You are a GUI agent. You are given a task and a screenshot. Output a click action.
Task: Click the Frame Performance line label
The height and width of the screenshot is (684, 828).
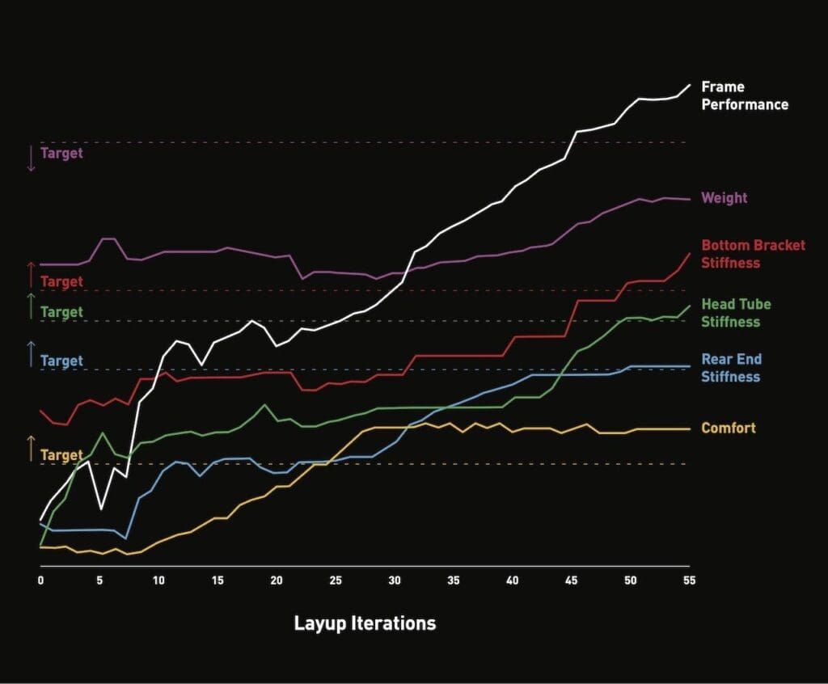click(x=744, y=95)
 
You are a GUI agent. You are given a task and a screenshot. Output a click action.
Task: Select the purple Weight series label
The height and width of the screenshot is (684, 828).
click(x=724, y=198)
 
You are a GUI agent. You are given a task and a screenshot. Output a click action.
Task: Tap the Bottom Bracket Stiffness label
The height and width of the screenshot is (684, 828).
click(x=753, y=254)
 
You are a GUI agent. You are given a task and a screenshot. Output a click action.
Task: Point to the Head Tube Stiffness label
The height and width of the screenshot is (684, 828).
click(x=736, y=313)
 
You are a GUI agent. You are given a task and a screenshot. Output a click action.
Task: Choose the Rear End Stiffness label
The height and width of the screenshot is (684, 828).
click(x=731, y=368)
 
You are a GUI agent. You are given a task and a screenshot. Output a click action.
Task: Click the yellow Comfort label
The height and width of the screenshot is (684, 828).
click(x=729, y=428)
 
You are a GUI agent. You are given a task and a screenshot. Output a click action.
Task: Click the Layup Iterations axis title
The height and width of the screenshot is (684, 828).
click(x=365, y=623)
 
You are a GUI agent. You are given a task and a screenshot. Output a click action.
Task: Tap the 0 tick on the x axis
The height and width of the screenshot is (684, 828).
click(x=40, y=581)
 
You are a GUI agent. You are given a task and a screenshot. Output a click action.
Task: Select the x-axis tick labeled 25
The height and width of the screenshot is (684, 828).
click(x=336, y=581)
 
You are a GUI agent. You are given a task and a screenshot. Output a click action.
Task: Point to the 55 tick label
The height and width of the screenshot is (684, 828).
click(x=689, y=581)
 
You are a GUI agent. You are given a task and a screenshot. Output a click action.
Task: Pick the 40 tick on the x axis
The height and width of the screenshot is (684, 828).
click(x=513, y=581)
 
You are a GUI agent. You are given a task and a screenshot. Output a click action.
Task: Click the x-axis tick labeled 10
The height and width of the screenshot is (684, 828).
click(x=158, y=581)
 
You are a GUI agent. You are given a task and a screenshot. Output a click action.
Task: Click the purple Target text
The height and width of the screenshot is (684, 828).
click(x=61, y=153)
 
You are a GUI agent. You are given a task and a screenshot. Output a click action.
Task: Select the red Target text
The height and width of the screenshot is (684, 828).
click(x=61, y=282)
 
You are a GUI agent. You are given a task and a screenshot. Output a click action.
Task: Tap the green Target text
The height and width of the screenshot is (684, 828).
click(x=61, y=312)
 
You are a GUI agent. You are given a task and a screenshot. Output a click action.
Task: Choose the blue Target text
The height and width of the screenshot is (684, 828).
click(x=61, y=361)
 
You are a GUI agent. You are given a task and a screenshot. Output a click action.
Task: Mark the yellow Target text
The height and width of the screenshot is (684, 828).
click(x=61, y=456)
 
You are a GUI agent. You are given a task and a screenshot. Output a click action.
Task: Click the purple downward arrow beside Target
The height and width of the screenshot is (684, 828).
click(x=32, y=158)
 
